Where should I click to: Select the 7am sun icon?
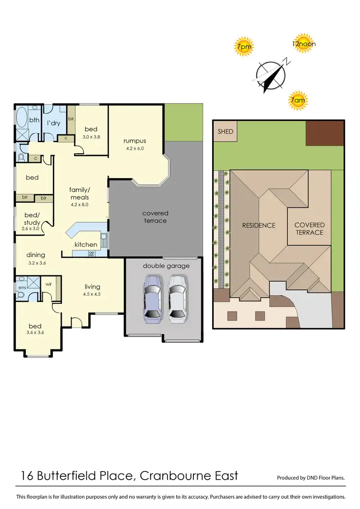pos(298,100)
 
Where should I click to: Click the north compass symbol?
pos(271,74)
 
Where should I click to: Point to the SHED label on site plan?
pos(225,132)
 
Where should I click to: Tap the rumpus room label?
pos(134,141)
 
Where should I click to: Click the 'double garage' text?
pos(166,266)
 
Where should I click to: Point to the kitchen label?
pos(85,244)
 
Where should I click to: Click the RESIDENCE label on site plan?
pos(258,225)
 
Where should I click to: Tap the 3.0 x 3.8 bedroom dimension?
pos(91,136)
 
